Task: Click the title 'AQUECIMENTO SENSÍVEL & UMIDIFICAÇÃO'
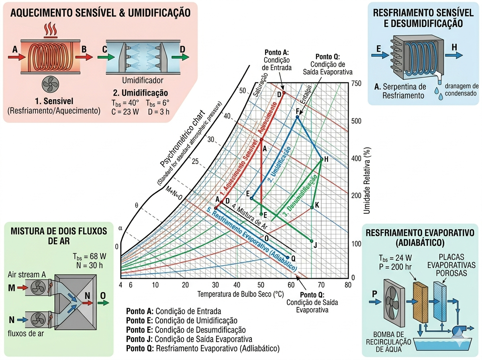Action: pyautogui.click(x=100, y=12)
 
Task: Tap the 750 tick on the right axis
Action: pyautogui.click(x=357, y=84)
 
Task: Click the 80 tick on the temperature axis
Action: pyautogui.click(x=348, y=285)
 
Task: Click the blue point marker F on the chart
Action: pyautogui.click(x=298, y=117)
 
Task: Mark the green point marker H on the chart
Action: pyautogui.click(x=321, y=160)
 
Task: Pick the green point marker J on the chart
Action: pyautogui.click(x=312, y=241)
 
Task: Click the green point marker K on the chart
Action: pyautogui.click(x=312, y=208)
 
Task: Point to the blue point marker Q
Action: pyautogui.click(x=288, y=258)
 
